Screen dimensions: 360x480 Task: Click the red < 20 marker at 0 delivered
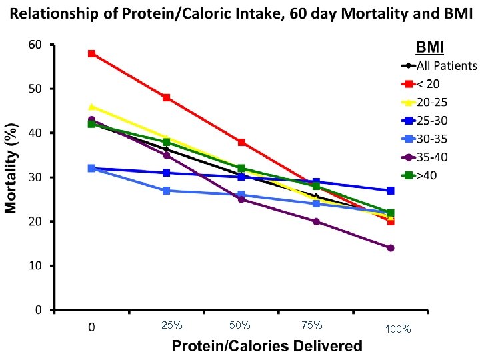click(91, 53)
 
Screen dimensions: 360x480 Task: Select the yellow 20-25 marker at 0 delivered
click(91, 107)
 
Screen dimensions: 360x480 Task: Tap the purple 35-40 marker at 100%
click(391, 248)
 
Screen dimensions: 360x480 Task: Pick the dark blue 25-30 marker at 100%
click(391, 191)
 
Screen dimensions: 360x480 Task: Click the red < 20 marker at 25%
click(167, 97)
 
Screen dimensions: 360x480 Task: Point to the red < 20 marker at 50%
click(241, 142)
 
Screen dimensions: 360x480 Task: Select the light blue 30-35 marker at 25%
click(167, 191)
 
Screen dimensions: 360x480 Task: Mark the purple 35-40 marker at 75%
click(316, 221)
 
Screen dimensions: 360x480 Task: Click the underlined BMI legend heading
click(430, 47)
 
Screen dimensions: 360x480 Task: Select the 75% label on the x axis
click(311, 325)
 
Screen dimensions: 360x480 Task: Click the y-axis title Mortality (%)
click(12, 163)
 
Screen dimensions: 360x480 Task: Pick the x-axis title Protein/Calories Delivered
click(267, 345)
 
